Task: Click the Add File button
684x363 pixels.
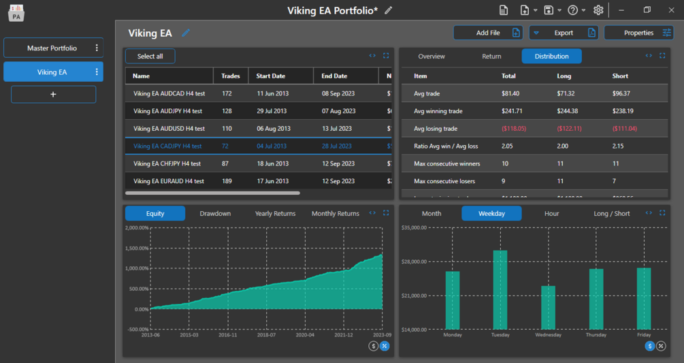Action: pyautogui.click(x=488, y=33)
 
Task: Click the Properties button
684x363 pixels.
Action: pyautogui.click(x=638, y=33)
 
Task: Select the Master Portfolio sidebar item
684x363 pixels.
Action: pyautogui.click(x=52, y=48)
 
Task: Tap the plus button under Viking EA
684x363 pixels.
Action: pyautogui.click(x=53, y=94)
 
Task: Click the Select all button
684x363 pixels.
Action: pyautogui.click(x=150, y=56)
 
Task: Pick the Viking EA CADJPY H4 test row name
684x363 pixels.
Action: pyautogui.click(x=167, y=146)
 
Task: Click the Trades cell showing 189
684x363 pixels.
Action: pyautogui.click(x=226, y=182)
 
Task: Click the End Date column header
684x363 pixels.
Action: pyautogui.click(x=334, y=76)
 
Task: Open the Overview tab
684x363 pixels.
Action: pyautogui.click(x=431, y=57)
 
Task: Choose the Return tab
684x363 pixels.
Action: pyautogui.click(x=491, y=57)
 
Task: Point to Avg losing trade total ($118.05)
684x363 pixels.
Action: pyautogui.click(x=514, y=129)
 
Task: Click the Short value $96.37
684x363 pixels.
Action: pyautogui.click(x=621, y=93)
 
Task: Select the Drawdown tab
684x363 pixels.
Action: pyautogui.click(x=215, y=214)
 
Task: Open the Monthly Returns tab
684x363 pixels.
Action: pyautogui.click(x=335, y=214)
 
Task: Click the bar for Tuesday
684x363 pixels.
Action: pyautogui.click(x=500, y=289)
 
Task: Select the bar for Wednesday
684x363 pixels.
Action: pyautogui.click(x=548, y=307)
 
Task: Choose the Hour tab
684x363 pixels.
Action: pyautogui.click(x=551, y=214)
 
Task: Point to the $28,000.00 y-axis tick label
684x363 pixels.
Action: pyautogui.click(x=414, y=262)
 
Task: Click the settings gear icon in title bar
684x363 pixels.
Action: pyautogui.click(x=598, y=10)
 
